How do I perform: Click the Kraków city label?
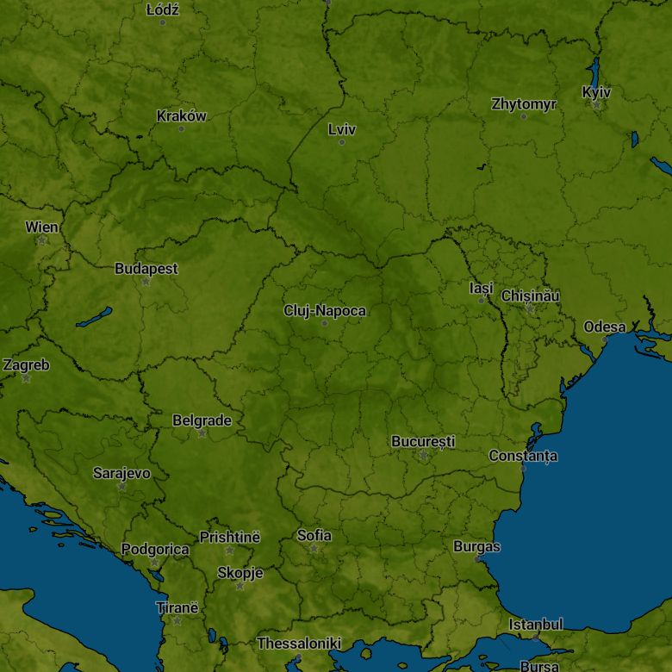pyautogui.click(x=181, y=116)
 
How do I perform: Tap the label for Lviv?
pyautogui.click(x=341, y=130)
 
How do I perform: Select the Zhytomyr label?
pyautogui.click(x=524, y=104)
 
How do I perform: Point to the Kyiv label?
pyautogui.click(x=596, y=92)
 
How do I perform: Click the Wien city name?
pyautogui.click(x=41, y=227)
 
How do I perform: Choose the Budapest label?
pyautogui.click(x=146, y=269)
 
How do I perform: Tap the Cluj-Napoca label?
pyautogui.click(x=325, y=311)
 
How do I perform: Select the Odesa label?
pyautogui.click(x=605, y=327)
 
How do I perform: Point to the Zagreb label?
pyautogui.click(x=26, y=365)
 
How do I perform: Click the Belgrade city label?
pyautogui.click(x=202, y=420)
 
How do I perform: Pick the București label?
pyautogui.click(x=423, y=442)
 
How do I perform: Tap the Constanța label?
pyautogui.click(x=523, y=456)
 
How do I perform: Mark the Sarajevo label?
pyautogui.click(x=121, y=473)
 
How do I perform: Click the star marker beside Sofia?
pyautogui.click(x=314, y=549)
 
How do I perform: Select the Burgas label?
pyautogui.click(x=476, y=546)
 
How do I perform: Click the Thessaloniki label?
pyautogui.click(x=299, y=644)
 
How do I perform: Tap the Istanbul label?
pyautogui.click(x=535, y=624)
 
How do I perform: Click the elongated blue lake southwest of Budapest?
pyautogui.click(x=94, y=317)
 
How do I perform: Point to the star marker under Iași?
pyautogui.click(x=482, y=300)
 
